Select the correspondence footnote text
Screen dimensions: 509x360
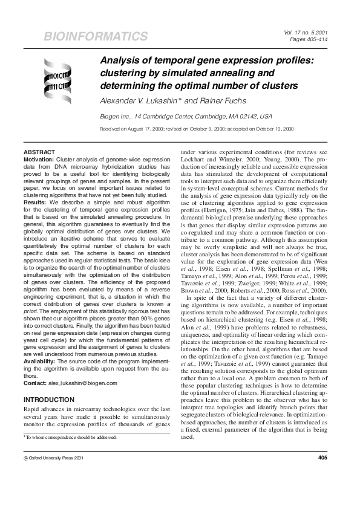[x=67, y=436]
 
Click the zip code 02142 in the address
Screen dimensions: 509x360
[x=215, y=116]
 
